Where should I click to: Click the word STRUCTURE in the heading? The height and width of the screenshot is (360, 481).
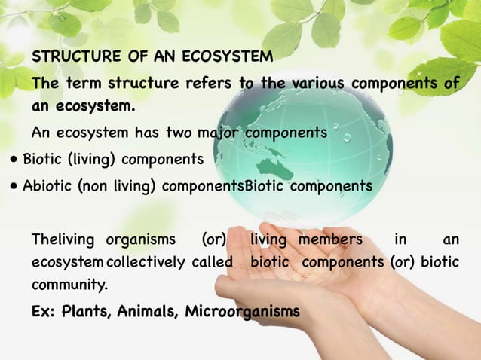coord(74,56)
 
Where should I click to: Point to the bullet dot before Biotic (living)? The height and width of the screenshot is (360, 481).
coord(14,160)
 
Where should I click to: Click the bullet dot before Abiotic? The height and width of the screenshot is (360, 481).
coord(14,186)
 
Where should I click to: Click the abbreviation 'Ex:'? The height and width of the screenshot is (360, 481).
coord(44,311)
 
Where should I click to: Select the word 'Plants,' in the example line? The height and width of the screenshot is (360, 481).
coord(89,311)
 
